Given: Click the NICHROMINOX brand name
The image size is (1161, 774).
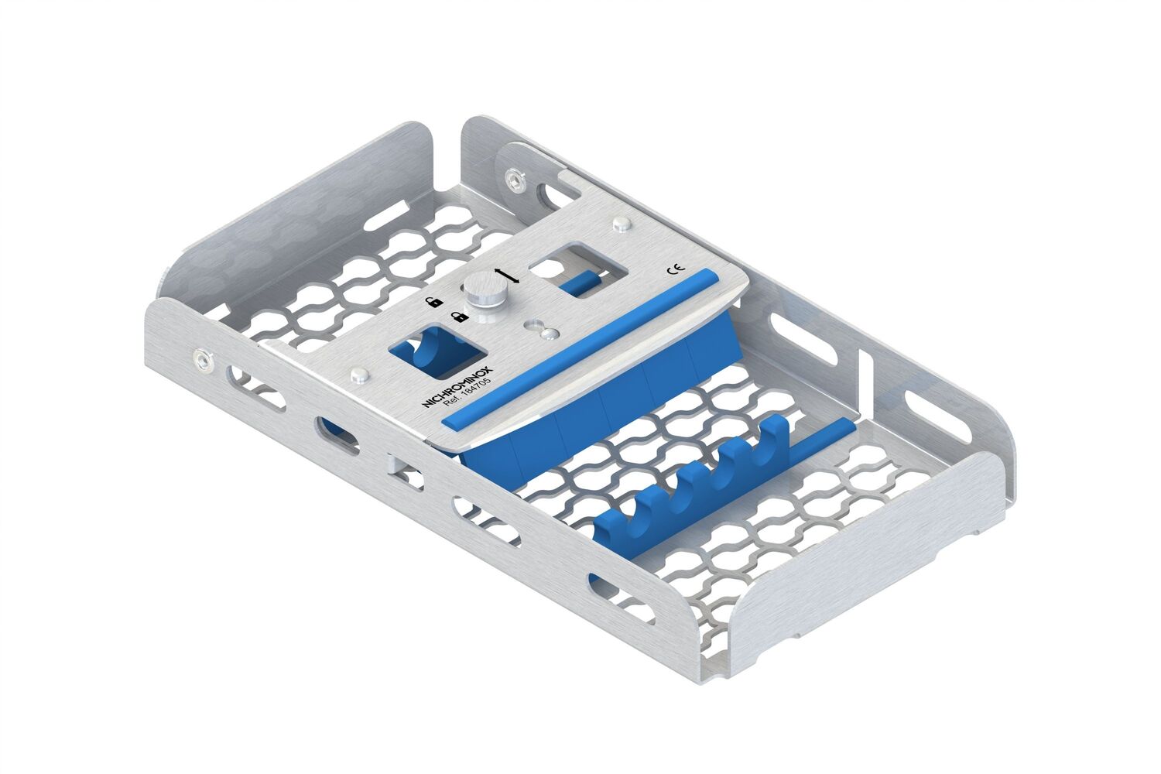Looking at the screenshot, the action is (x=458, y=387).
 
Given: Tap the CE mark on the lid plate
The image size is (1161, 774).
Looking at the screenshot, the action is (x=676, y=269).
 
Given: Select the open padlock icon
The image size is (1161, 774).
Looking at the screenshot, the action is (x=433, y=300).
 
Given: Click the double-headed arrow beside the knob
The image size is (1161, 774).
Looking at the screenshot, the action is (x=507, y=276).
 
